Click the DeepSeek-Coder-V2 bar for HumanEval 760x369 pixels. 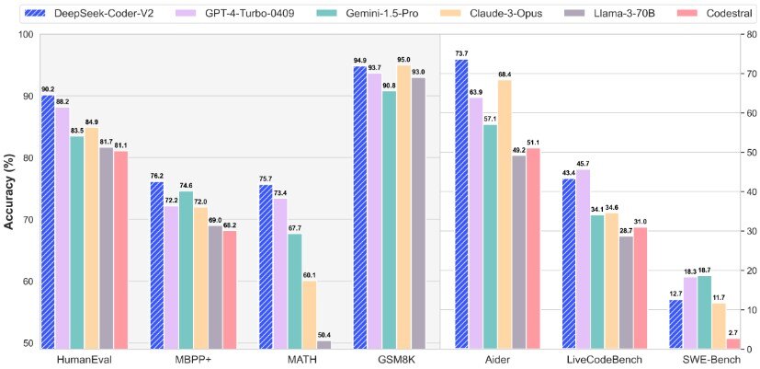pyautogui.click(x=48, y=221)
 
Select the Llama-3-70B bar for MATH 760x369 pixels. pyautogui.click(x=323, y=344)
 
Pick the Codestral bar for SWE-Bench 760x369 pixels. pyautogui.click(x=732, y=343)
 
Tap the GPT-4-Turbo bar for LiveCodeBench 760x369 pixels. pyautogui.click(x=582, y=259)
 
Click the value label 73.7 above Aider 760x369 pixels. pyautogui.click(x=461, y=53)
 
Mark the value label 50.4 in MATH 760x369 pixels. pyautogui.click(x=323, y=335)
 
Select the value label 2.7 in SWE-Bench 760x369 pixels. pyautogui.click(x=732, y=332)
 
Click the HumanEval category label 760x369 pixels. pyautogui.click(x=84, y=360)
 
